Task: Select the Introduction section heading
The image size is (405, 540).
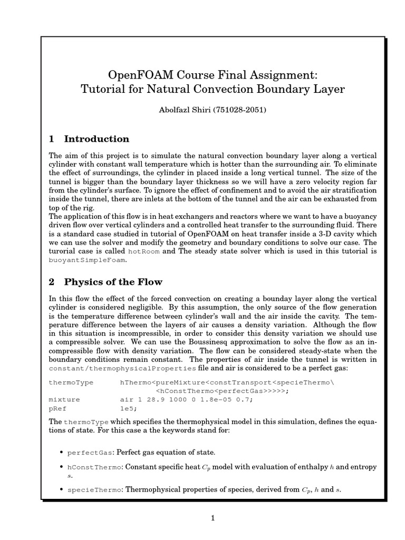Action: pyautogui.click(x=97, y=139)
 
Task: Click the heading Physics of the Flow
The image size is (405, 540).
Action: pyautogui.click(x=113, y=282)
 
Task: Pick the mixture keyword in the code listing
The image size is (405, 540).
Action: pyautogui.click(x=61, y=400)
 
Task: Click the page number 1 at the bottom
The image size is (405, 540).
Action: pyautogui.click(x=213, y=518)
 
